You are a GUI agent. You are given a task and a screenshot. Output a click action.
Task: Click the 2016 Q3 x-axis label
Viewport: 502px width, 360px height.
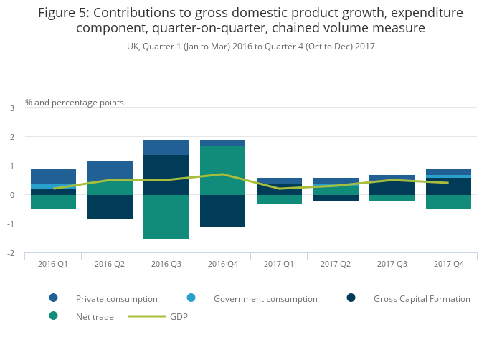pos(166,265)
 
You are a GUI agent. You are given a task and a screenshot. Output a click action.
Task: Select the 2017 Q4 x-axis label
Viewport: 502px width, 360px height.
pos(449,265)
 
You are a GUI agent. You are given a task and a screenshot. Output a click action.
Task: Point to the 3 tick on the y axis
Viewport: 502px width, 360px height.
pos(11,108)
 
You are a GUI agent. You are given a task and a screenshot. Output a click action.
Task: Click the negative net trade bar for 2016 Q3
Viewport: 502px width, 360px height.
pos(166,217)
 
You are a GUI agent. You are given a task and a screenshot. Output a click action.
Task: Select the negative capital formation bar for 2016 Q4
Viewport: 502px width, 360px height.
pos(222,211)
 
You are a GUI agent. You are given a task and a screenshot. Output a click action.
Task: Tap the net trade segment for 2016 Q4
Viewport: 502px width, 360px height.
pos(222,171)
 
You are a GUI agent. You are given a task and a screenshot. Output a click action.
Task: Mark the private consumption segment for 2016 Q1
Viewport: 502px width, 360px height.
pos(53,176)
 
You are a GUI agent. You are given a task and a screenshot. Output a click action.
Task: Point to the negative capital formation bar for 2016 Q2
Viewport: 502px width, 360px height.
pos(110,207)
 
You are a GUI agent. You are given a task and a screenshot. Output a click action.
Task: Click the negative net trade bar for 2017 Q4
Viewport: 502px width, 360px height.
pos(449,202)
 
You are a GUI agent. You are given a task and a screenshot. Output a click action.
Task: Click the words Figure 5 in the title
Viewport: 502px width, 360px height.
pos(65,13)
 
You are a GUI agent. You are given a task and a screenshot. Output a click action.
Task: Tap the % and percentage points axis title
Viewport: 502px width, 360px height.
pos(75,103)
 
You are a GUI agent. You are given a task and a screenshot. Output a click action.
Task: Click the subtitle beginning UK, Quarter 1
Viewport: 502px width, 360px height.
pos(250,46)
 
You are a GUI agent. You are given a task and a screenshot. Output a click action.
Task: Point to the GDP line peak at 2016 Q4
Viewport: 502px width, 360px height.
pos(222,174)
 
